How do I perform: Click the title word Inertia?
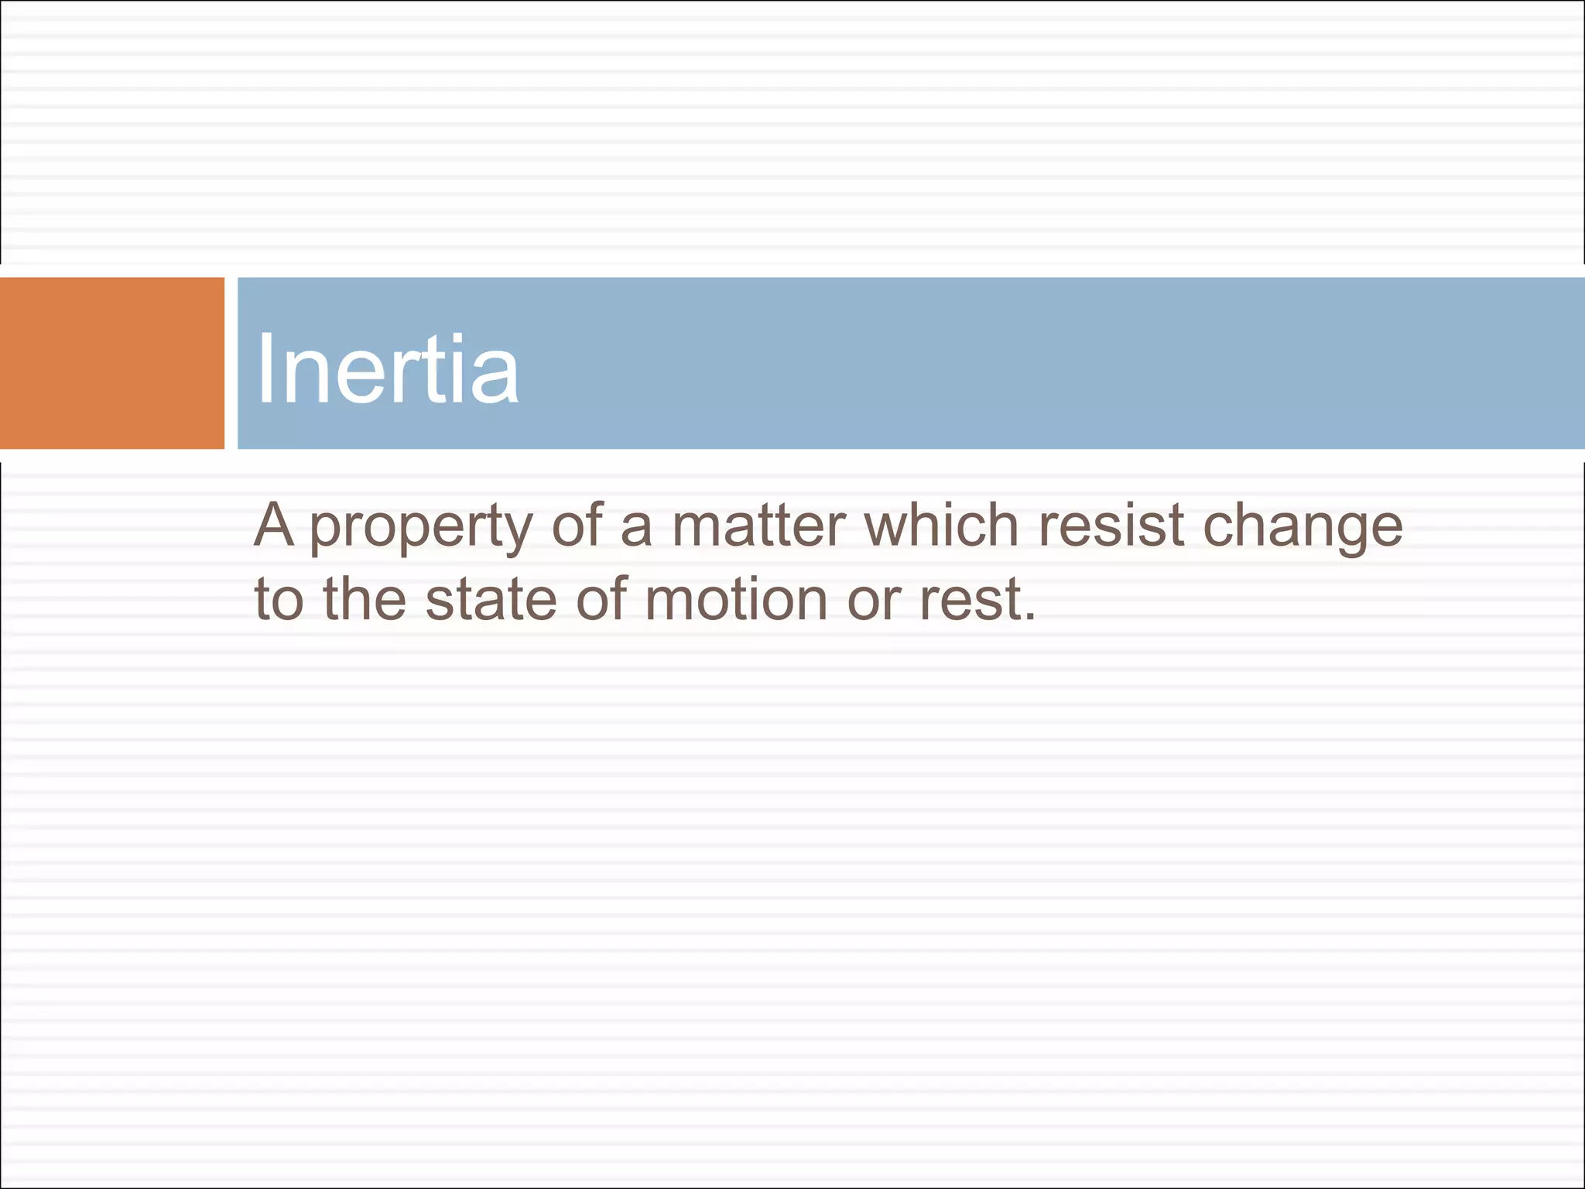pyautogui.click(x=387, y=368)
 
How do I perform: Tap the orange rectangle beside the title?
pyautogui.click(x=111, y=363)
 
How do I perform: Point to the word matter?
pyautogui.click(x=758, y=526)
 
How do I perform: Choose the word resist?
pyautogui.click(x=1111, y=526)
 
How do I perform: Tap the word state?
pyautogui.click(x=491, y=600)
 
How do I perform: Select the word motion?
pyautogui.click(x=735, y=600)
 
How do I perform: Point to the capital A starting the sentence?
pyautogui.click(x=274, y=526)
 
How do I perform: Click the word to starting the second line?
pyautogui.click(x=279, y=600)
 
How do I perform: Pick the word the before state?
pyautogui.click(x=364, y=600)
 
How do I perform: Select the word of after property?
pyautogui.click(x=577, y=526)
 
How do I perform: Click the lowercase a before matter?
pyautogui.click(x=636, y=527)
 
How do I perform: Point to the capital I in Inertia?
pyautogui.click(x=265, y=368)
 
